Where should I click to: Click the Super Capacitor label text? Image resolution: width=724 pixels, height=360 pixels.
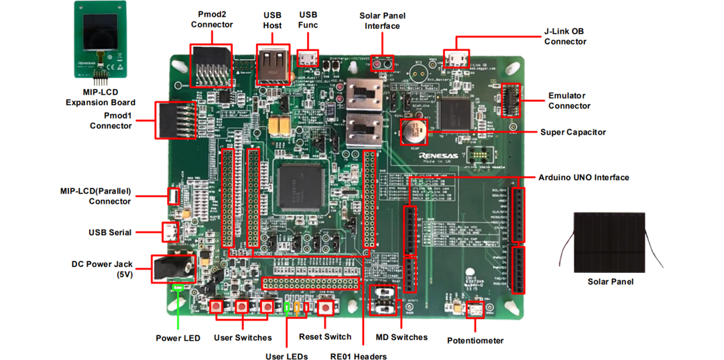pyautogui.click(x=572, y=132)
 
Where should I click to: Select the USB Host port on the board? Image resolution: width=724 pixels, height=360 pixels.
pyautogui.click(x=273, y=65)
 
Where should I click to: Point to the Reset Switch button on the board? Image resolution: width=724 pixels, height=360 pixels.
pyautogui.click(x=326, y=307)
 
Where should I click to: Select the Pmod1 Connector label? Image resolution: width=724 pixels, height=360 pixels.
pyautogui.click(x=111, y=120)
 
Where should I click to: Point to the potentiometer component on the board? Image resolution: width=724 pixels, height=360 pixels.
pyautogui.click(x=475, y=310)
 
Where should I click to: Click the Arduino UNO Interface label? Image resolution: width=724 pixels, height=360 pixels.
pyautogui.click(x=583, y=178)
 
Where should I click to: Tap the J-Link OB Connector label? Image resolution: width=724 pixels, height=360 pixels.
pyautogui.click(x=565, y=36)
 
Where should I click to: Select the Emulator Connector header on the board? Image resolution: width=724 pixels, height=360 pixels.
pyautogui.click(x=511, y=100)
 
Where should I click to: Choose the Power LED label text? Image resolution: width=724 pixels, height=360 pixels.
pyautogui.click(x=178, y=338)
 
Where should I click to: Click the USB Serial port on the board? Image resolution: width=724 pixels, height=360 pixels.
pyautogui.click(x=171, y=232)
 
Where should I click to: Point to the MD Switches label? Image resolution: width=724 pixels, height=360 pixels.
pyautogui.click(x=402, y=337)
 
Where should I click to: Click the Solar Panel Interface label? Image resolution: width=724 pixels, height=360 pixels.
pyautogui.click(x=382, y=21)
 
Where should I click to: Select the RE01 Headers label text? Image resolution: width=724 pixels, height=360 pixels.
pyautogui.click(x=358, y=355)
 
